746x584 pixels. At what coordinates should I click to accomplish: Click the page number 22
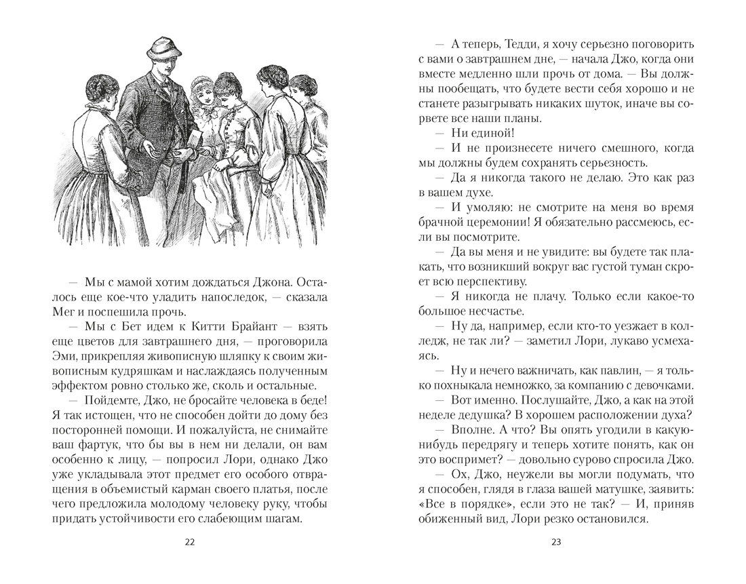189,541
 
